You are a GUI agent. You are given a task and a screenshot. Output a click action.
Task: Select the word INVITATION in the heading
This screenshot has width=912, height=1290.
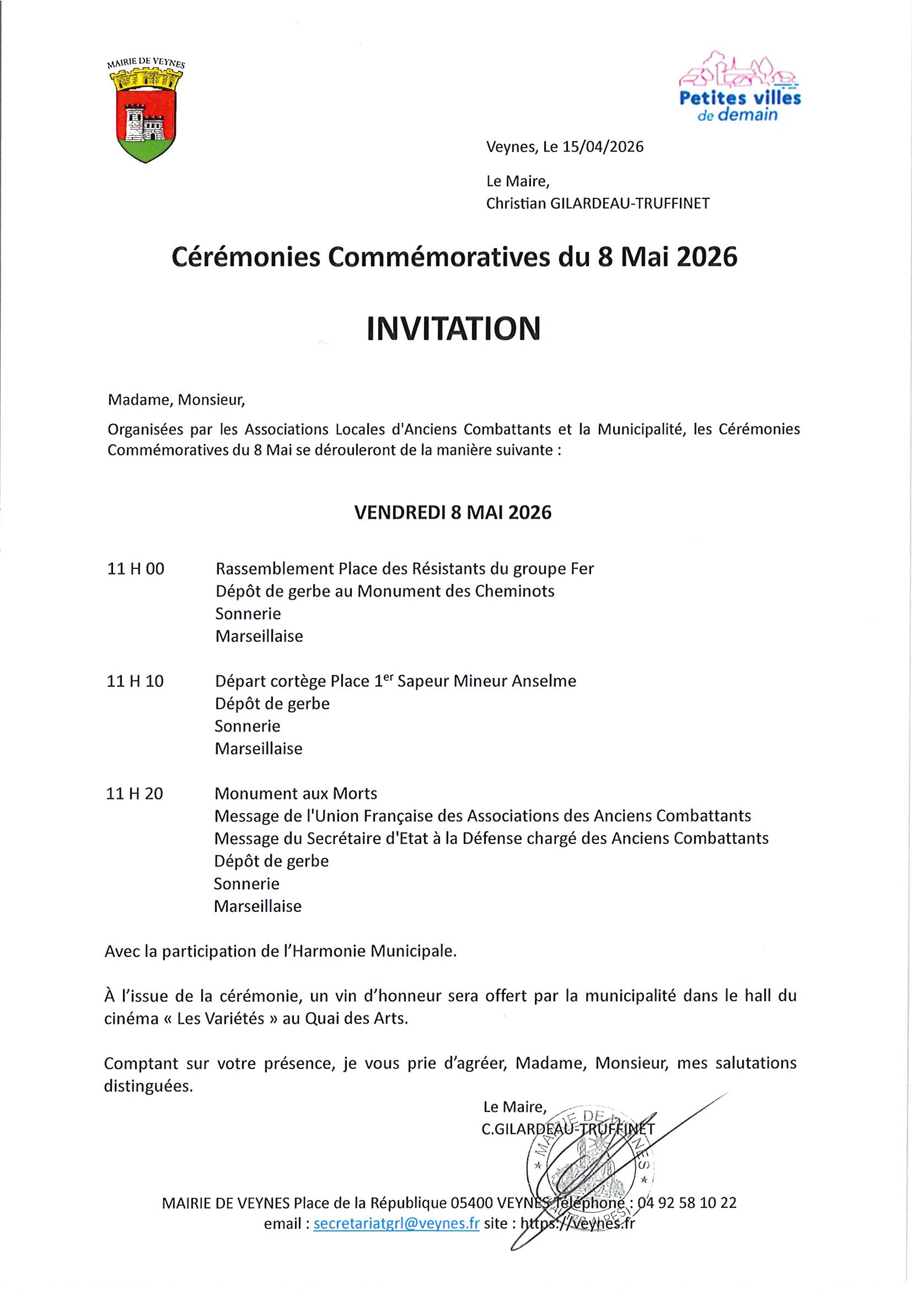pos(453,329)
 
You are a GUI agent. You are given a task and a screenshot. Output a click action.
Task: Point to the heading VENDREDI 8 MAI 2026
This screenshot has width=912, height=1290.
pos(452,512)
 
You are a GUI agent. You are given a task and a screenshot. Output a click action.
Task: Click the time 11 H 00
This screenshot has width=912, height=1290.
pos(136,569)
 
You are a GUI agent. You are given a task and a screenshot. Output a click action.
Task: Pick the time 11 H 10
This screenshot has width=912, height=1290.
pos(135,681)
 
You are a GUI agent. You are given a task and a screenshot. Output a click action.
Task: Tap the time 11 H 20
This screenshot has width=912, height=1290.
pos(135,794)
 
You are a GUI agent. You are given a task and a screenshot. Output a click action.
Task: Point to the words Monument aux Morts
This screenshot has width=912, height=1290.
pos(296,794)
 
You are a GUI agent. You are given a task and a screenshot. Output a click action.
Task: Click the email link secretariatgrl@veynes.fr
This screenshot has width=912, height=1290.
pos(396,1224)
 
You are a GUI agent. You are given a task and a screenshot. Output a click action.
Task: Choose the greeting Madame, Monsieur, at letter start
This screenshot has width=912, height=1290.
pos(176,400)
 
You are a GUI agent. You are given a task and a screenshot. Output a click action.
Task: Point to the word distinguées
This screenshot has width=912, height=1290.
pos(148,1086)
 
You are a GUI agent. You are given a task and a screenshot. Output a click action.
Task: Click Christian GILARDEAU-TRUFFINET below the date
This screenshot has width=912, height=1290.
pos(597,203)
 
